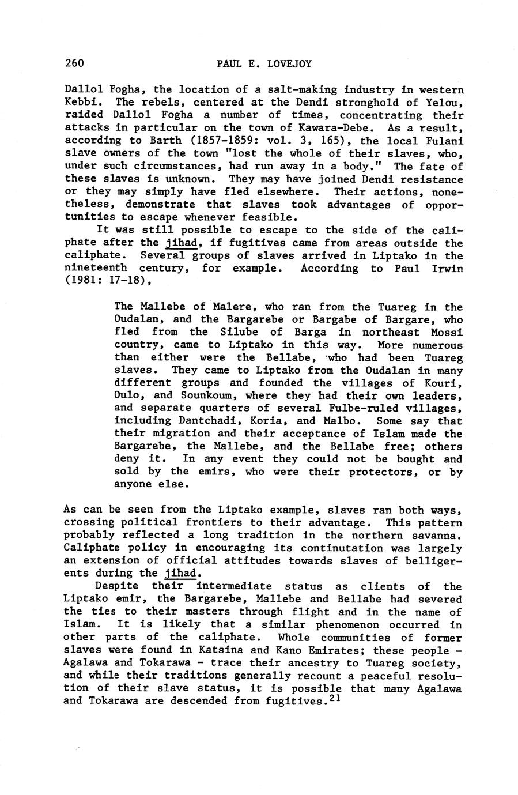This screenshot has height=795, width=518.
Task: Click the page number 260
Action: (x=74, y=63)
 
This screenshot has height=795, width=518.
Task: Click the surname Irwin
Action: (x=447, y=268)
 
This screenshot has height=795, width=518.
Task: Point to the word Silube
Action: (x=239, y=331)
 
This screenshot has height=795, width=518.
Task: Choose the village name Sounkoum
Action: (x=209, y=395)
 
